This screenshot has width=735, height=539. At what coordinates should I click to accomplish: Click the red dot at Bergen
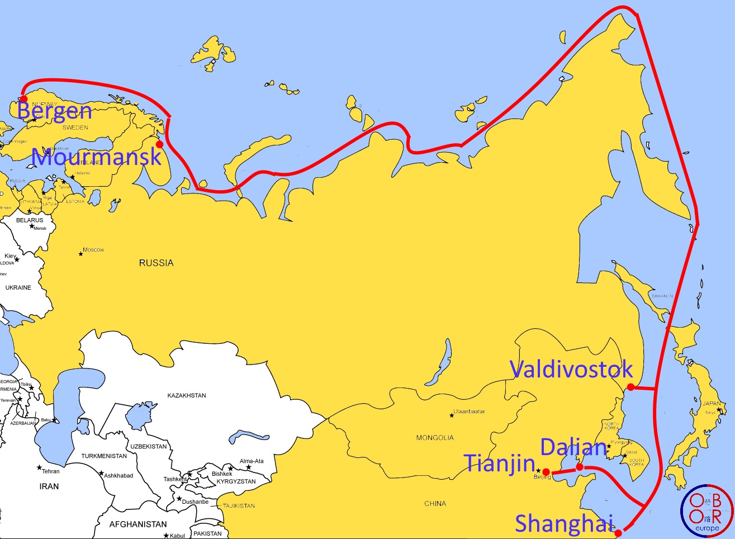tap(23, 99)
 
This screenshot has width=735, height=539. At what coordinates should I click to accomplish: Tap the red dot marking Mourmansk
tap(159, 144)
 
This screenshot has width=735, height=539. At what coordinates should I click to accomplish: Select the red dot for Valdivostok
tap(630, 387)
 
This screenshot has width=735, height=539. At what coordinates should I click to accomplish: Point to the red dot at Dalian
tap(580, 467)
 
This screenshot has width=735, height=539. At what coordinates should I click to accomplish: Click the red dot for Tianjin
tap(546, 472)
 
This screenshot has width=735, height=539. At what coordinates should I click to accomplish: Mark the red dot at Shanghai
tap(618, 533)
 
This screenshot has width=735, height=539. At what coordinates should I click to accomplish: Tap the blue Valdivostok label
tap(571, 369)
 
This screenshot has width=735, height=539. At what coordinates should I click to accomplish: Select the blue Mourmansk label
tap(97, 157)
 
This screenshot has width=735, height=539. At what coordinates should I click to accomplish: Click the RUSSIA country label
tap(156, 263)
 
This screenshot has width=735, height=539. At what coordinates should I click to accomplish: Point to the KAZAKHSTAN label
tap(187, 395)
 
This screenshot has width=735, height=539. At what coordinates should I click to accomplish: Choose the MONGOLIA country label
tap(435, 438)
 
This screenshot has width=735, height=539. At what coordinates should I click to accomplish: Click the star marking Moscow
tap(80, 254)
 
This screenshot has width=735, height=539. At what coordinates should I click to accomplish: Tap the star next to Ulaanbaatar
tap(452, 415)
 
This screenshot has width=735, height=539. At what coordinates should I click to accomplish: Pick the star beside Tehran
tap(39, 467)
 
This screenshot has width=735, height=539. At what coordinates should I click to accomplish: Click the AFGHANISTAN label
tap(138, 524)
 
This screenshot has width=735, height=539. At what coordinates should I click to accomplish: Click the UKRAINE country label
tap(18, 287)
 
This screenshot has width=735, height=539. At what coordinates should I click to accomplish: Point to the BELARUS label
tap(30, 220)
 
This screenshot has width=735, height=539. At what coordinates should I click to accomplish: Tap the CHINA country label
tap(435, 504)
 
